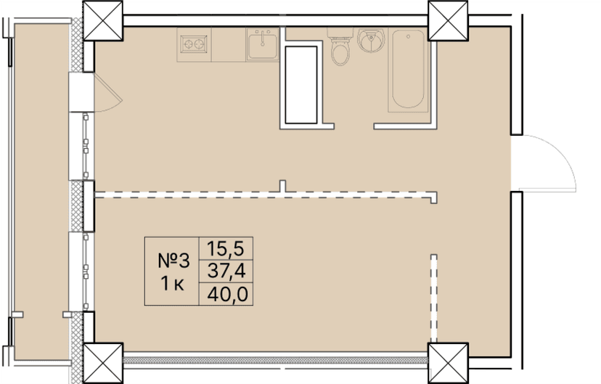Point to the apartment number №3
pos(173,261)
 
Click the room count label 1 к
pos(172,284)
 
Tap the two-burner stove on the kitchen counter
pos(194,44)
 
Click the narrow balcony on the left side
pos(40,189)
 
